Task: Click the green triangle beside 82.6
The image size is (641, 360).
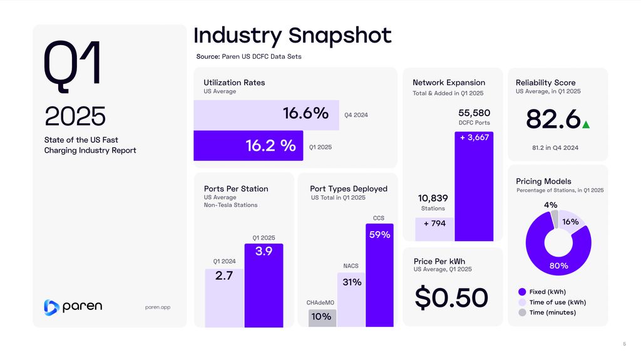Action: click(586, 125)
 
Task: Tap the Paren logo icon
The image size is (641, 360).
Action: click(51, 307)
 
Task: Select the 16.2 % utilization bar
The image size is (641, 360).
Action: click(248, 146)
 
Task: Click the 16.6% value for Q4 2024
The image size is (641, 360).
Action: click(305, 114)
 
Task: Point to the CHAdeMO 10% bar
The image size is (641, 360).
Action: click(322, 317)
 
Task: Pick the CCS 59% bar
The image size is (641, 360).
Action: click(380, 275)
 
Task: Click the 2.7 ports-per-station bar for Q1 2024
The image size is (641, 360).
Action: click(224, 298)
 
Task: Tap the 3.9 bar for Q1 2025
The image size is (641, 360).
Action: click(264, 285)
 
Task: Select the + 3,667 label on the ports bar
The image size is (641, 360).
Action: click(474, 138)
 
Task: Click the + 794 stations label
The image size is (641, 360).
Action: click(434, 224)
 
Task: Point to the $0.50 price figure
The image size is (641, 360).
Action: click(451, 297)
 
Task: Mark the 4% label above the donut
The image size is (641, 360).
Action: click(551, 205)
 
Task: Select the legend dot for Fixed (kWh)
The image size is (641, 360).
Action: click(522, 292)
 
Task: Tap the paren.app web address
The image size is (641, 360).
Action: click(158, 307)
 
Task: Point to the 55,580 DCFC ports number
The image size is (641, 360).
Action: click(474, 113)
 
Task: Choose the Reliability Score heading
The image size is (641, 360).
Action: click(545, 83)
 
